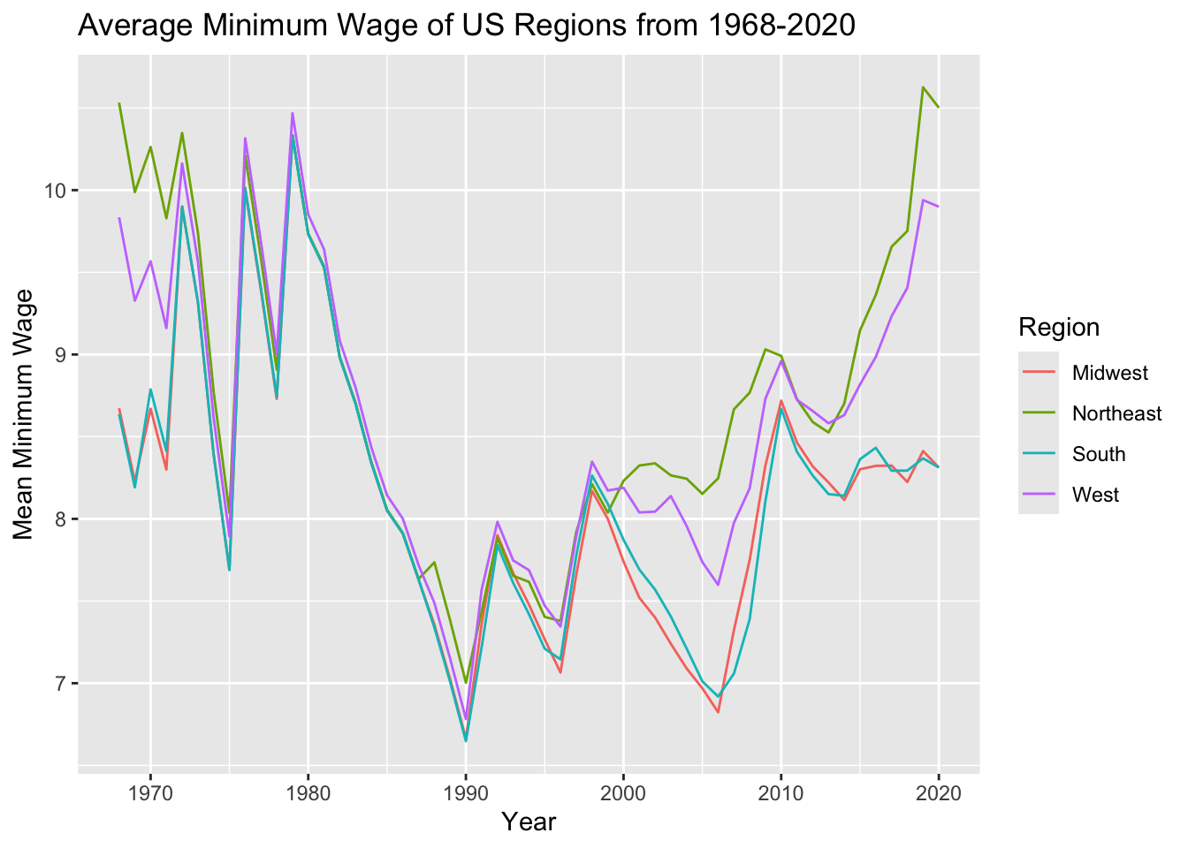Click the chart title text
point(467,26)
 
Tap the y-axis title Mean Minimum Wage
point(24,413)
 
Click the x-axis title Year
point(529,822)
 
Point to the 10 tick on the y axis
point(58,191)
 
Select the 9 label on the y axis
point(63,355)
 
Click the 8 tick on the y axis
point(63,519)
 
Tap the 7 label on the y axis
point(63,684)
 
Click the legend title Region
point(1059,328)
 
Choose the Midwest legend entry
point(1109,373)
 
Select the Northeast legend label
point(1116,413)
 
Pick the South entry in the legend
point(1099,454)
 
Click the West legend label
point(1095,495)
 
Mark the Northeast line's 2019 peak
point(923,87)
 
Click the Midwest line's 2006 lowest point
point(718,712)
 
